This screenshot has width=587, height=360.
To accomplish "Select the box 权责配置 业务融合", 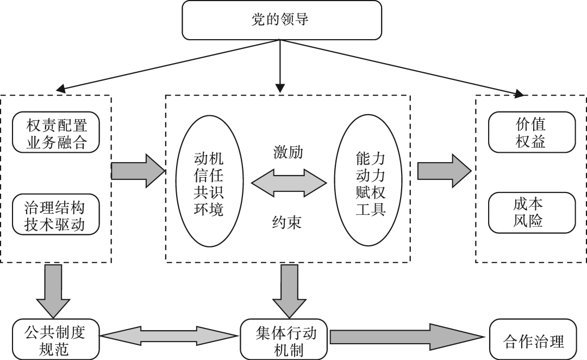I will click(x=57, y=132).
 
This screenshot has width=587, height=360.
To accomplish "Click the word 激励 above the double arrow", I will click(x=288, y=152).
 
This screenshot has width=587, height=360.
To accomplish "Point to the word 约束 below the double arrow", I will click(x=288, y=222).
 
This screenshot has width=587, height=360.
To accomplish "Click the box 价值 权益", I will click(x=530, y=132).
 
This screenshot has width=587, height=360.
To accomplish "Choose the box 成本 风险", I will click(x=530, y=213).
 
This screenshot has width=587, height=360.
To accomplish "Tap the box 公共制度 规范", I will click(x=56, y=338).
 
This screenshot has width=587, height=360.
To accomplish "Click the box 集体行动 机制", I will click(x=284, y=338).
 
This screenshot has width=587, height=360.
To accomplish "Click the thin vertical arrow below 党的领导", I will click(x=280, y=65).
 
